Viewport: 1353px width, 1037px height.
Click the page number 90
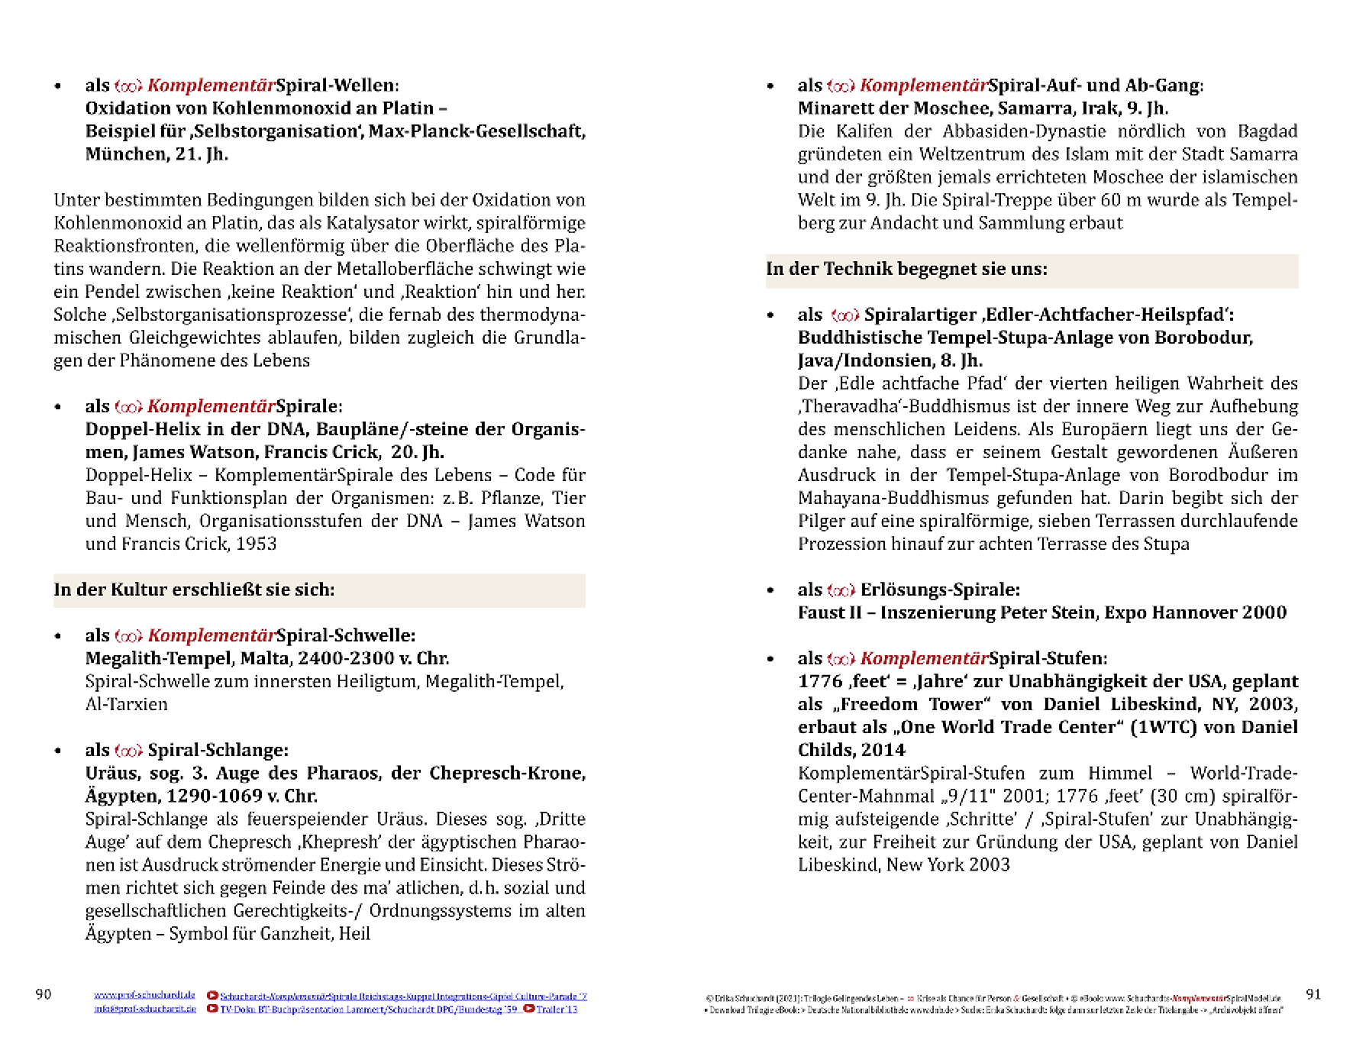click(44, 994)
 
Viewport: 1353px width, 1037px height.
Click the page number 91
click(1313, 994)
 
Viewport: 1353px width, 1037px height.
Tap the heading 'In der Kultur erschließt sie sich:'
click(194, 590)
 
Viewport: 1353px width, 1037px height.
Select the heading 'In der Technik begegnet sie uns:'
click(906, 269)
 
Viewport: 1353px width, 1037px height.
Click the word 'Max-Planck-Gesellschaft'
click(476, 131)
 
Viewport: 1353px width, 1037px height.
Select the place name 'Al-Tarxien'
click(126, 704)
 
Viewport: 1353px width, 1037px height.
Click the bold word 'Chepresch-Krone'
click(507, 773)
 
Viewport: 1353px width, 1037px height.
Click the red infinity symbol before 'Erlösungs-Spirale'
click(841, 590)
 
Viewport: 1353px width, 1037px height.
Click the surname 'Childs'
click(821, 750)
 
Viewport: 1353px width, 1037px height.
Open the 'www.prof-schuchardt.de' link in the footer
click(144, 995)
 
